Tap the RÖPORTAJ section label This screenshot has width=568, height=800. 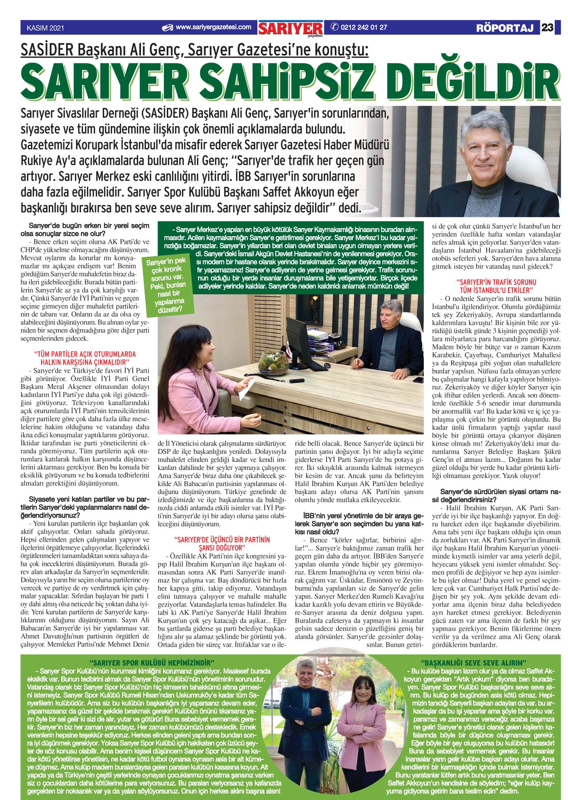pos(505,28)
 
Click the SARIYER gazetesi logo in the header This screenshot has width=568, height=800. pos(291,29)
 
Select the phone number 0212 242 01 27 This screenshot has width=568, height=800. pos(363,27)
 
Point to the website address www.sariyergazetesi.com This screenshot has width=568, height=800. pos(213,27)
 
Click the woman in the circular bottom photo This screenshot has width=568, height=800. pos(361,721)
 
